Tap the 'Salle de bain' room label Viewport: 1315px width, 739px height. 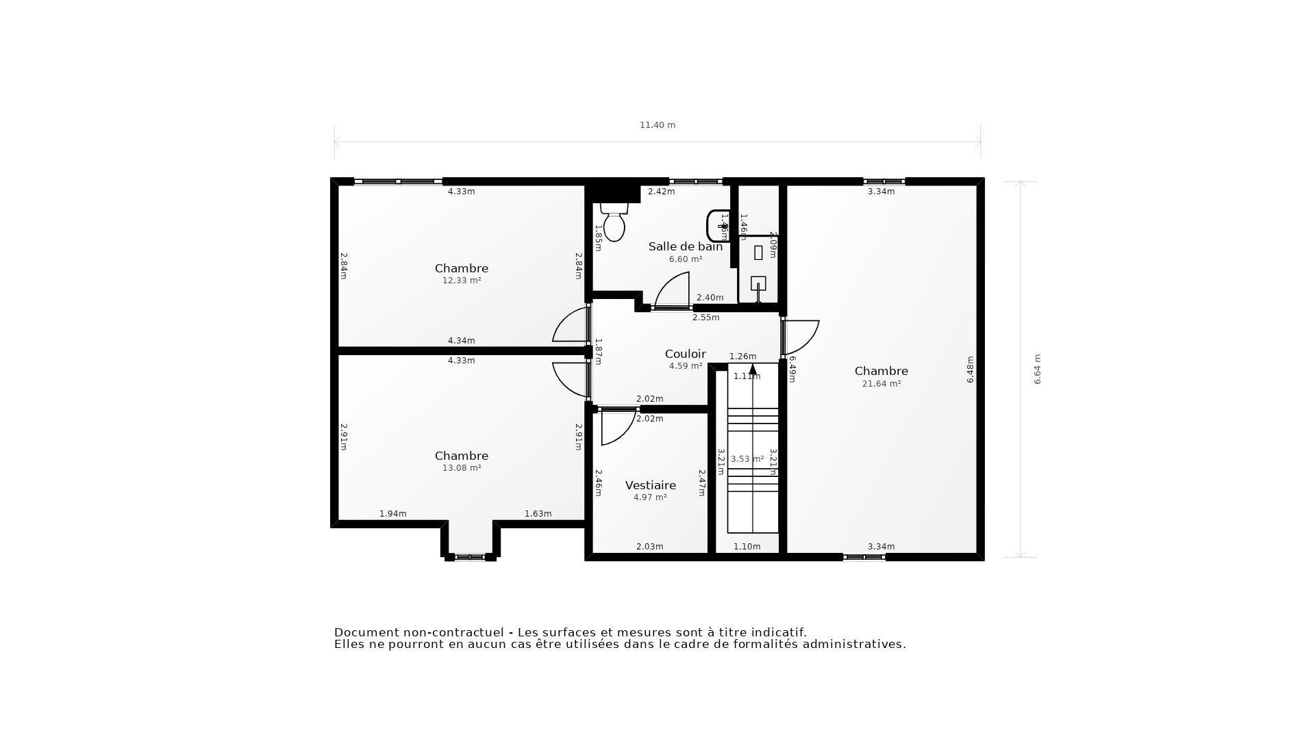click(685, 246)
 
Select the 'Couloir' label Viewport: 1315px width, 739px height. click(685, 354)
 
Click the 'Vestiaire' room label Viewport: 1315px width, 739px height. click(650, 485)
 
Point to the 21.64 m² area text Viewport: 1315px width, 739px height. click(881, 384)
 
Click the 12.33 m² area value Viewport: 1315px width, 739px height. click(461, 281)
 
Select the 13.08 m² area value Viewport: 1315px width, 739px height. click(461, 468)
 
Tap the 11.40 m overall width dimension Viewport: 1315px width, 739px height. click(657, 125)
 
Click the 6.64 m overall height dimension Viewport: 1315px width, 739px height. click(1037, 369)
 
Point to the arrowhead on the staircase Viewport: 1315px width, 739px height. click(753, 369)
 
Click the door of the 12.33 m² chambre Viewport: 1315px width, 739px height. click(571, 326)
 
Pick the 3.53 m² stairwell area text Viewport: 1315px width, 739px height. click(747, 459)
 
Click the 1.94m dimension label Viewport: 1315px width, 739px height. click(392, 514)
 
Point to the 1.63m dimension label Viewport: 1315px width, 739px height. click(538, 514)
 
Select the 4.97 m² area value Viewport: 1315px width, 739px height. click(649, 497)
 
